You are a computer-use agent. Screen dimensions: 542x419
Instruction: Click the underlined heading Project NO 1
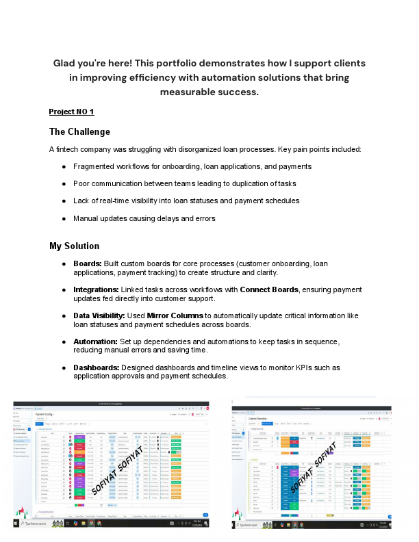pyautogui.click(x=71, y=111)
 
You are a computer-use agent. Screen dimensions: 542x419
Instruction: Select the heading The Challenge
pyautogui.click(x=79, y=131)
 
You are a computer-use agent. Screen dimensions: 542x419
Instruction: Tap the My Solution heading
pyautogui.click(x=74, y=246)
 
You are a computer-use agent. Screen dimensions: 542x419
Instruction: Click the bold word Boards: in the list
pyautogui.click(x=88, y=263)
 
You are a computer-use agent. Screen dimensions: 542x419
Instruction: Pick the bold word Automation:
pyautogui.click(x=95, y=341)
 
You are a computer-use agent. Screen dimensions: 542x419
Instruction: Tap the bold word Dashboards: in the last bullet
pyautogui.click(x=96, y=367)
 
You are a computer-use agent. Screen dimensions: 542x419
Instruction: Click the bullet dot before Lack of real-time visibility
pyautogui.click(x=64, y=201)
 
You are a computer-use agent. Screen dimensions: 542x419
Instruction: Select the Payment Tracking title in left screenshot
pyautogui.click(x=45, y=415)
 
